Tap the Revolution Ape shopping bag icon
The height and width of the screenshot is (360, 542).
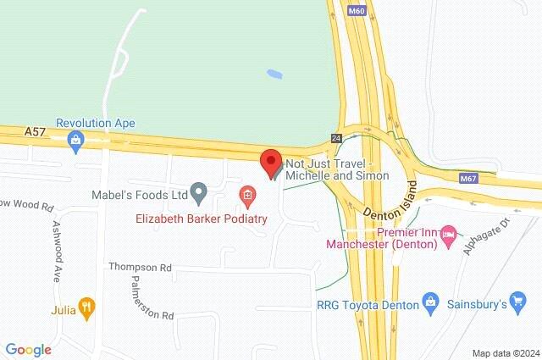click(x=77, y=140)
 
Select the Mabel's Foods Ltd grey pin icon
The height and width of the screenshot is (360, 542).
click(x=199, y=194)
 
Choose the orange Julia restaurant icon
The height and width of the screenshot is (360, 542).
click(x=86, y=307)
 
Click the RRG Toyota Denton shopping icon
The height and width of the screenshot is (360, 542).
click(x=431, y=302)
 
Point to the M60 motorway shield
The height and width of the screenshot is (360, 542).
click(x=356, y=11)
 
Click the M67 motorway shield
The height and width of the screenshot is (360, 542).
click(x=468, y=179)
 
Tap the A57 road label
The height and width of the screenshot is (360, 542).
click(x=35, y=131)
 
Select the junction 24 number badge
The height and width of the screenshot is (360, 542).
click(x=336, y=137)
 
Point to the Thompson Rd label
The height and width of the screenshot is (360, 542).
click(x=140, y=268)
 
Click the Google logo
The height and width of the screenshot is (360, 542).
click(x=28, y=349)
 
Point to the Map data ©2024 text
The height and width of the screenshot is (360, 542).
click(x=505, y=352)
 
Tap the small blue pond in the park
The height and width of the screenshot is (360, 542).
click(x=274, y=74)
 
